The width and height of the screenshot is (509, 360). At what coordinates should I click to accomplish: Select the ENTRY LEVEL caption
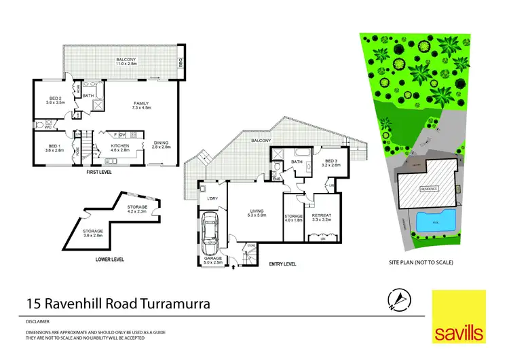284,262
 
